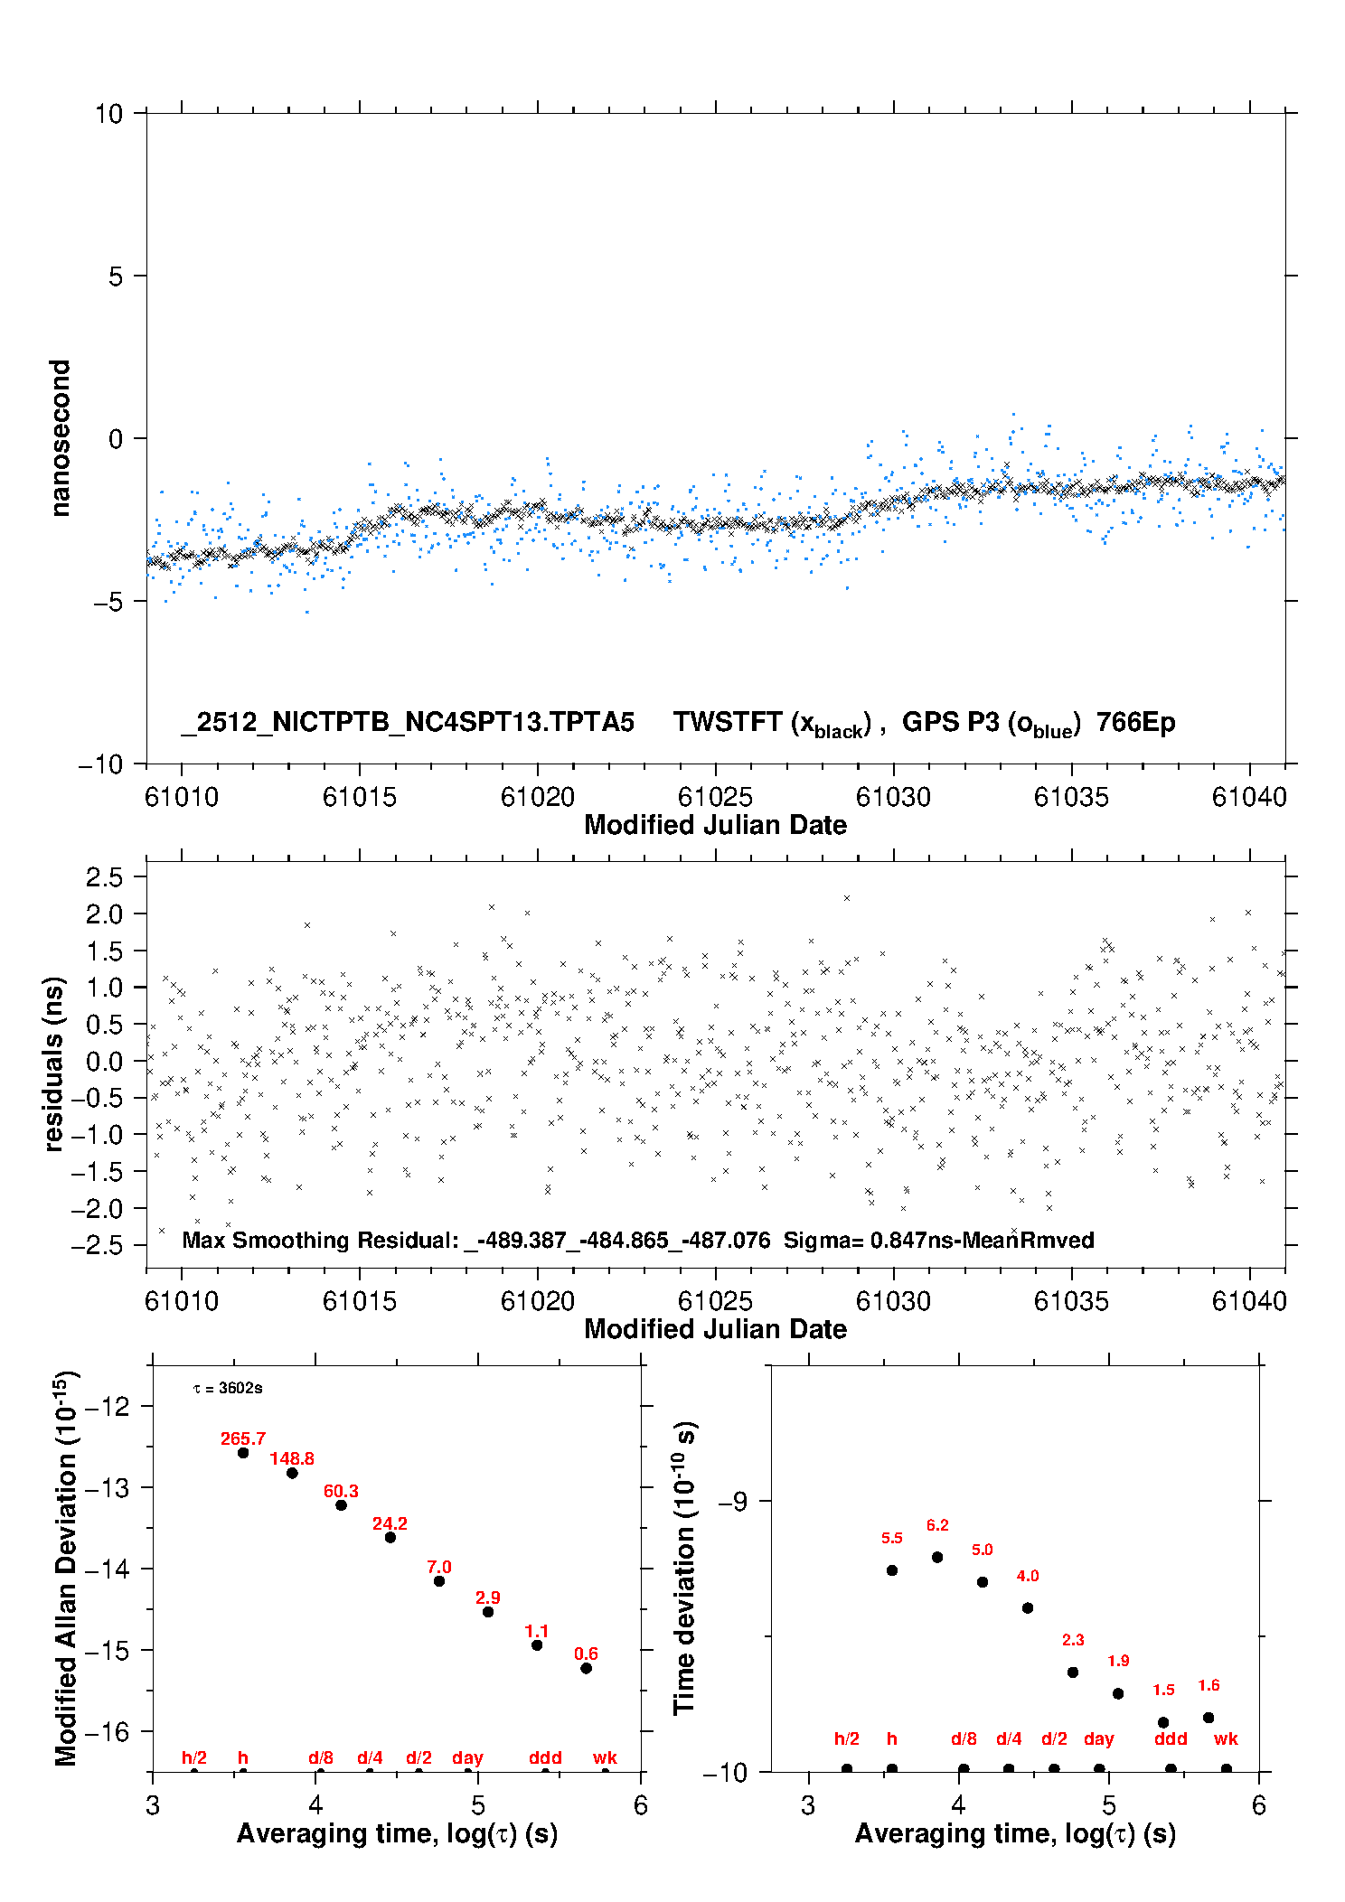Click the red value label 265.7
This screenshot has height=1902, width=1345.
tap(243, 1438)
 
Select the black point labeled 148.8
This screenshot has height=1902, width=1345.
tap(292, 1473)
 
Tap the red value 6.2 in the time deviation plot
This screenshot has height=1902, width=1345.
tap(937, 1525)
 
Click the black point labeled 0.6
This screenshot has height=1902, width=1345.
tap(586, 1668)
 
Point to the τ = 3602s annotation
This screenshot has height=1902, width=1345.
tap(228, 1388)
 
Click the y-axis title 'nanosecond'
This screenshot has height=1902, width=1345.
tap(60, 438)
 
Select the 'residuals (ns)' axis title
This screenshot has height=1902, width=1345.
tap(53, 1063)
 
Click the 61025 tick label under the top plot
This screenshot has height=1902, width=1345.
tap(715, 797)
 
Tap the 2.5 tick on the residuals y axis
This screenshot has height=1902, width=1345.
tap(104, 876)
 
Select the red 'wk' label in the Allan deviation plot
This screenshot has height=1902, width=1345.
tap(605, 1757)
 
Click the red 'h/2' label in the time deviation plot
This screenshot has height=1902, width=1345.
tap(846, 1738)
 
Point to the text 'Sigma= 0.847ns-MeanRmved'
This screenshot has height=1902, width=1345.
tap(938, 1240)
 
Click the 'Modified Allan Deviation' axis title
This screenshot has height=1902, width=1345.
tap(66, 1569)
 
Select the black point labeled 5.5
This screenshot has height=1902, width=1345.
tap(892, 1570)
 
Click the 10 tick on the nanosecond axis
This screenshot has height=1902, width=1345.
tap(108, 114)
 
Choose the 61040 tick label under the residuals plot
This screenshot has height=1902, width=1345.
tap(1249, 1301)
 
